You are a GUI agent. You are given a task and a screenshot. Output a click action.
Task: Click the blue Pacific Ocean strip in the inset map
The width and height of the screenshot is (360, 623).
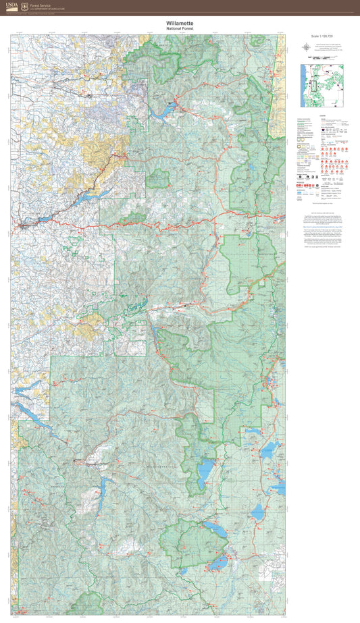301,88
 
